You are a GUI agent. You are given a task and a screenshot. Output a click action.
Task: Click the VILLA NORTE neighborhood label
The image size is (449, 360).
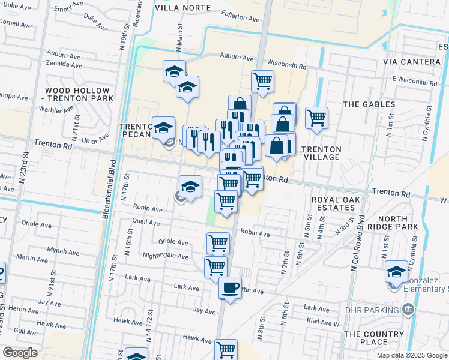coord(183,8)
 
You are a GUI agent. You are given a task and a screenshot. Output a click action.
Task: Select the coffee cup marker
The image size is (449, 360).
coord(230,289)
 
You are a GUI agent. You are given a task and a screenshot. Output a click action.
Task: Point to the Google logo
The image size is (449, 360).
coord(20,352)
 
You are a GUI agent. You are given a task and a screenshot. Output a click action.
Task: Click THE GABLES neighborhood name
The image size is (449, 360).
coord(369,104)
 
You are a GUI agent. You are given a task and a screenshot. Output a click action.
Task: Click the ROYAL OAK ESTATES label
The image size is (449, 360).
coord(333,203)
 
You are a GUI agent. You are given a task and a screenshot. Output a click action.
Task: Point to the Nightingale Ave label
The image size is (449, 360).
coord(166,256)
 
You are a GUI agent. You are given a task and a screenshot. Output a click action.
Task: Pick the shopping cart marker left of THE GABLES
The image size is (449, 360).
coord(316,118)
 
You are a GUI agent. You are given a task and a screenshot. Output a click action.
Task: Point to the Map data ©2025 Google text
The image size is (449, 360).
coord(411,355)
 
